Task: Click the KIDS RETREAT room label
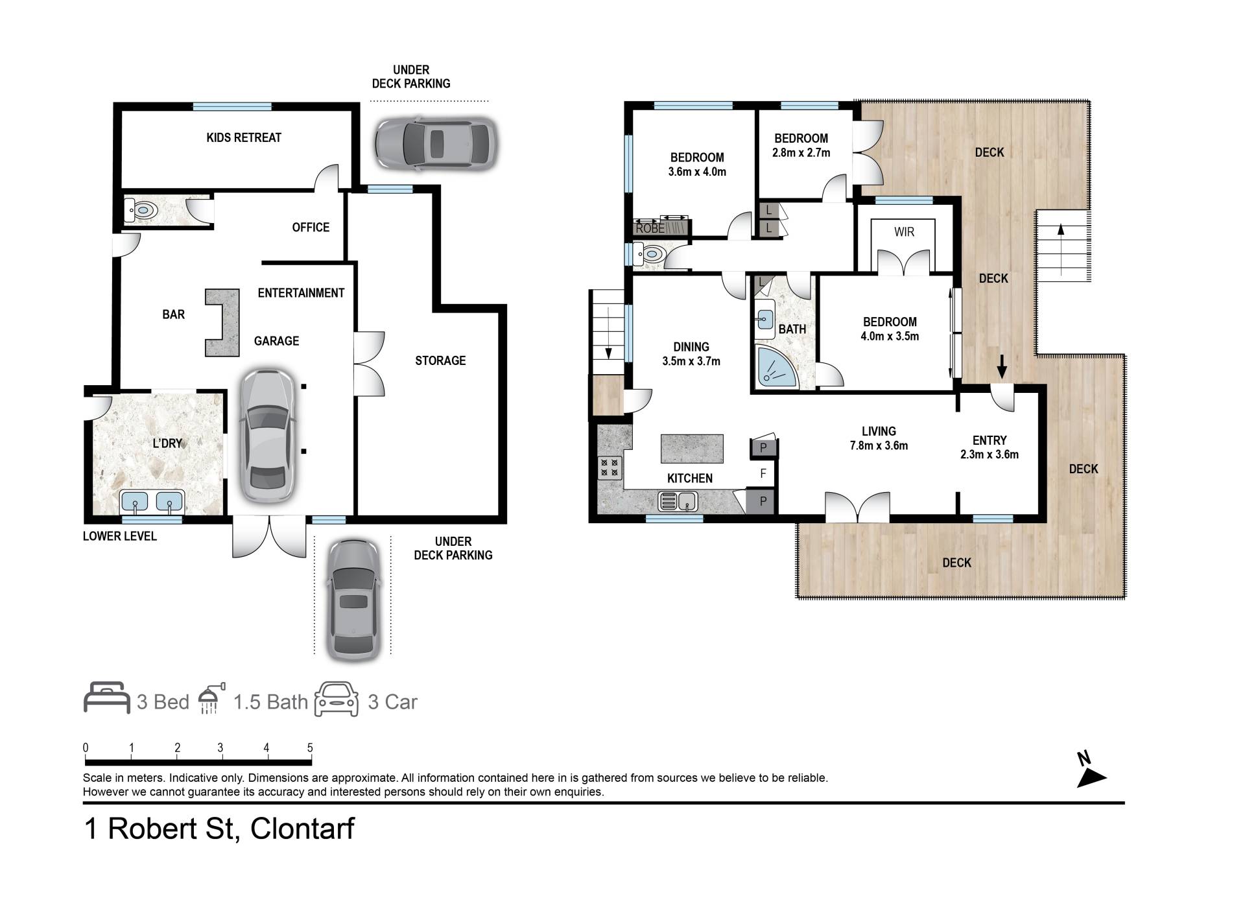(x=244, y=137)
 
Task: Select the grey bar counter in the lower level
(x=222, y=322)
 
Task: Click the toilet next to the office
(x=140, y=210)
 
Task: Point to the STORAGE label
(x=440, y=360)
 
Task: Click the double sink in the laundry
(x=152, y=502)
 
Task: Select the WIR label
(x=904, y=231)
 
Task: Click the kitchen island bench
(x=692, y=449)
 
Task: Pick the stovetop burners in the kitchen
(x=610, y=468)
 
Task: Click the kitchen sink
(x=678, y=501)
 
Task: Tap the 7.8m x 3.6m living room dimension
(x=879, y=445)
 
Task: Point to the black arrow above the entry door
(x=1002, y=366)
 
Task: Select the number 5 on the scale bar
(x=310, y=748)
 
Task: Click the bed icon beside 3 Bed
(x=107, y=698)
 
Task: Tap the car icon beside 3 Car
(x=337, y=700)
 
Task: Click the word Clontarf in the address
(x=302, y=829)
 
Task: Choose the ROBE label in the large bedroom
(x=650, y=228)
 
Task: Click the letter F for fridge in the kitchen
(x=763, y=474)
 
